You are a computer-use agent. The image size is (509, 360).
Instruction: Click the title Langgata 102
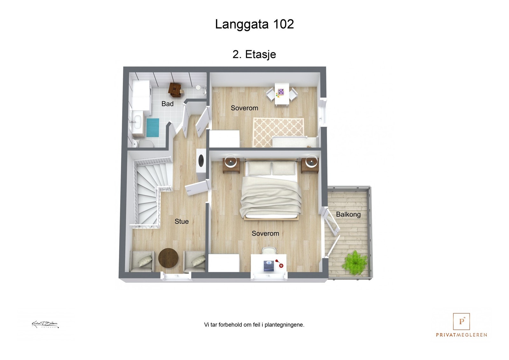(x=254, y=24)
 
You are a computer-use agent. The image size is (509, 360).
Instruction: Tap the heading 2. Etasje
(x=254, y=54)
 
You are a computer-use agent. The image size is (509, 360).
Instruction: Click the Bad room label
(x=167, y=104)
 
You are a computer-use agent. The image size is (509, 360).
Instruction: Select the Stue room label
(x=181, y=221)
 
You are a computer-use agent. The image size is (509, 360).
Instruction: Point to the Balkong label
(x=348, y=214)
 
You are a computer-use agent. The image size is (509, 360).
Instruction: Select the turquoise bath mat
(x=153, y=128)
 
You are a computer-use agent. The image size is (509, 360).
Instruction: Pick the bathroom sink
(x=137, y=121)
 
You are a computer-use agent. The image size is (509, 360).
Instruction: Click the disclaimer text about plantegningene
(x=254, y=325)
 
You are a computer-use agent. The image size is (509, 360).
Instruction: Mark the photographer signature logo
(x=45, y=324)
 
